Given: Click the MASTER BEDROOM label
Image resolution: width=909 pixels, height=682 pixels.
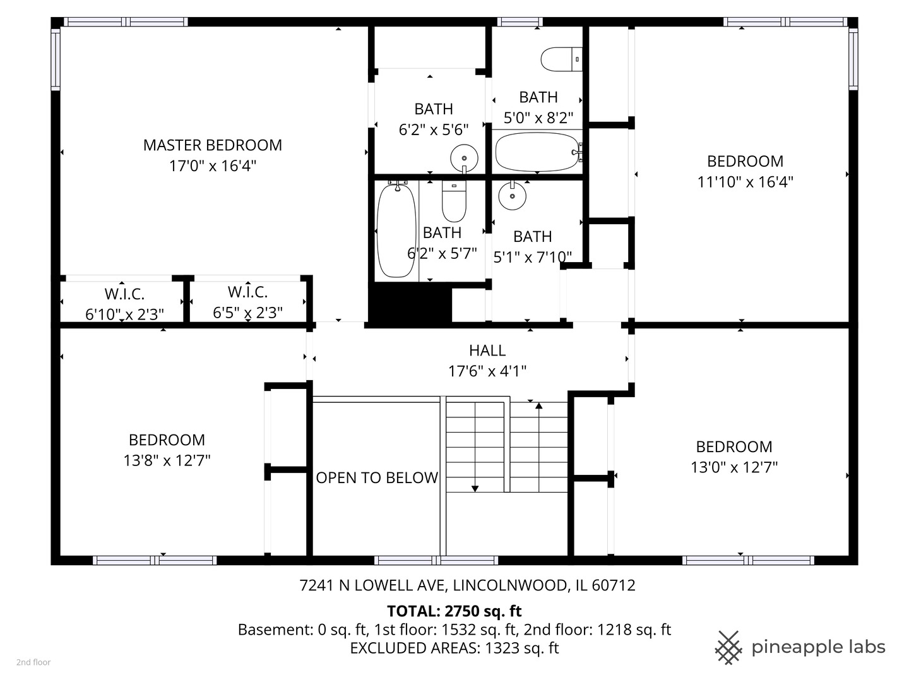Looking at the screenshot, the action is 213,145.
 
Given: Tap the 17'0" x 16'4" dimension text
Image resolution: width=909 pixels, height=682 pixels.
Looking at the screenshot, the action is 213,166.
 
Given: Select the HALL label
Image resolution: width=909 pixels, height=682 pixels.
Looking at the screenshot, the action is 487,350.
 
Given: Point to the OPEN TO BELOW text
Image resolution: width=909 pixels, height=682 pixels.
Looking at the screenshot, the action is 377,477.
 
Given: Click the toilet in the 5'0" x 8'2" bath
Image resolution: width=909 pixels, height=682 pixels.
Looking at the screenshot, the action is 561,59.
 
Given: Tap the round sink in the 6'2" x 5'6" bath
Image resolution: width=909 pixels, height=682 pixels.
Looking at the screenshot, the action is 464,158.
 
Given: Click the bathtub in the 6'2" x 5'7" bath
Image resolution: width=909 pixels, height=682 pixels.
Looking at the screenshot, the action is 396,230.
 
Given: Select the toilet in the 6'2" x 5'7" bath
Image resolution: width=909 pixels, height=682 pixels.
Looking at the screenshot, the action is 454,201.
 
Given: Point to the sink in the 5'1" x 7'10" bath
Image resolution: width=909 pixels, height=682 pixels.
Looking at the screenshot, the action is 513,195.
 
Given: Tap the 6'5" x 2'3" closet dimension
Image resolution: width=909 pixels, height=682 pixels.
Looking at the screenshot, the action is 247,313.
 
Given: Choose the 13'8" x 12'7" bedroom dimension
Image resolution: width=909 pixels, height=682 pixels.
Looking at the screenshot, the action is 167,460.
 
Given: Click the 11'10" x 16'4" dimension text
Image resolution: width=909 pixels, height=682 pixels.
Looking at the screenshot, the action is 745,182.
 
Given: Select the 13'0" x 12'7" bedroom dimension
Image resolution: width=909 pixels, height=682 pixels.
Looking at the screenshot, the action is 734,467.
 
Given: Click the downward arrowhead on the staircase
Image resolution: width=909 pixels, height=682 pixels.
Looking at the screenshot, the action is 475,489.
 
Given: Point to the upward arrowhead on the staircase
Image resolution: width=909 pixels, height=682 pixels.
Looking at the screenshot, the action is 539,406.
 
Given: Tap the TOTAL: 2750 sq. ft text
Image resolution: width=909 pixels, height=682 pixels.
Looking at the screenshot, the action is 454,611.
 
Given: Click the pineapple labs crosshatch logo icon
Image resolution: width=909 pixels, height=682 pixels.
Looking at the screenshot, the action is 728,648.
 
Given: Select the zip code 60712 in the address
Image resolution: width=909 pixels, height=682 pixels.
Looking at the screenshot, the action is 614,585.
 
